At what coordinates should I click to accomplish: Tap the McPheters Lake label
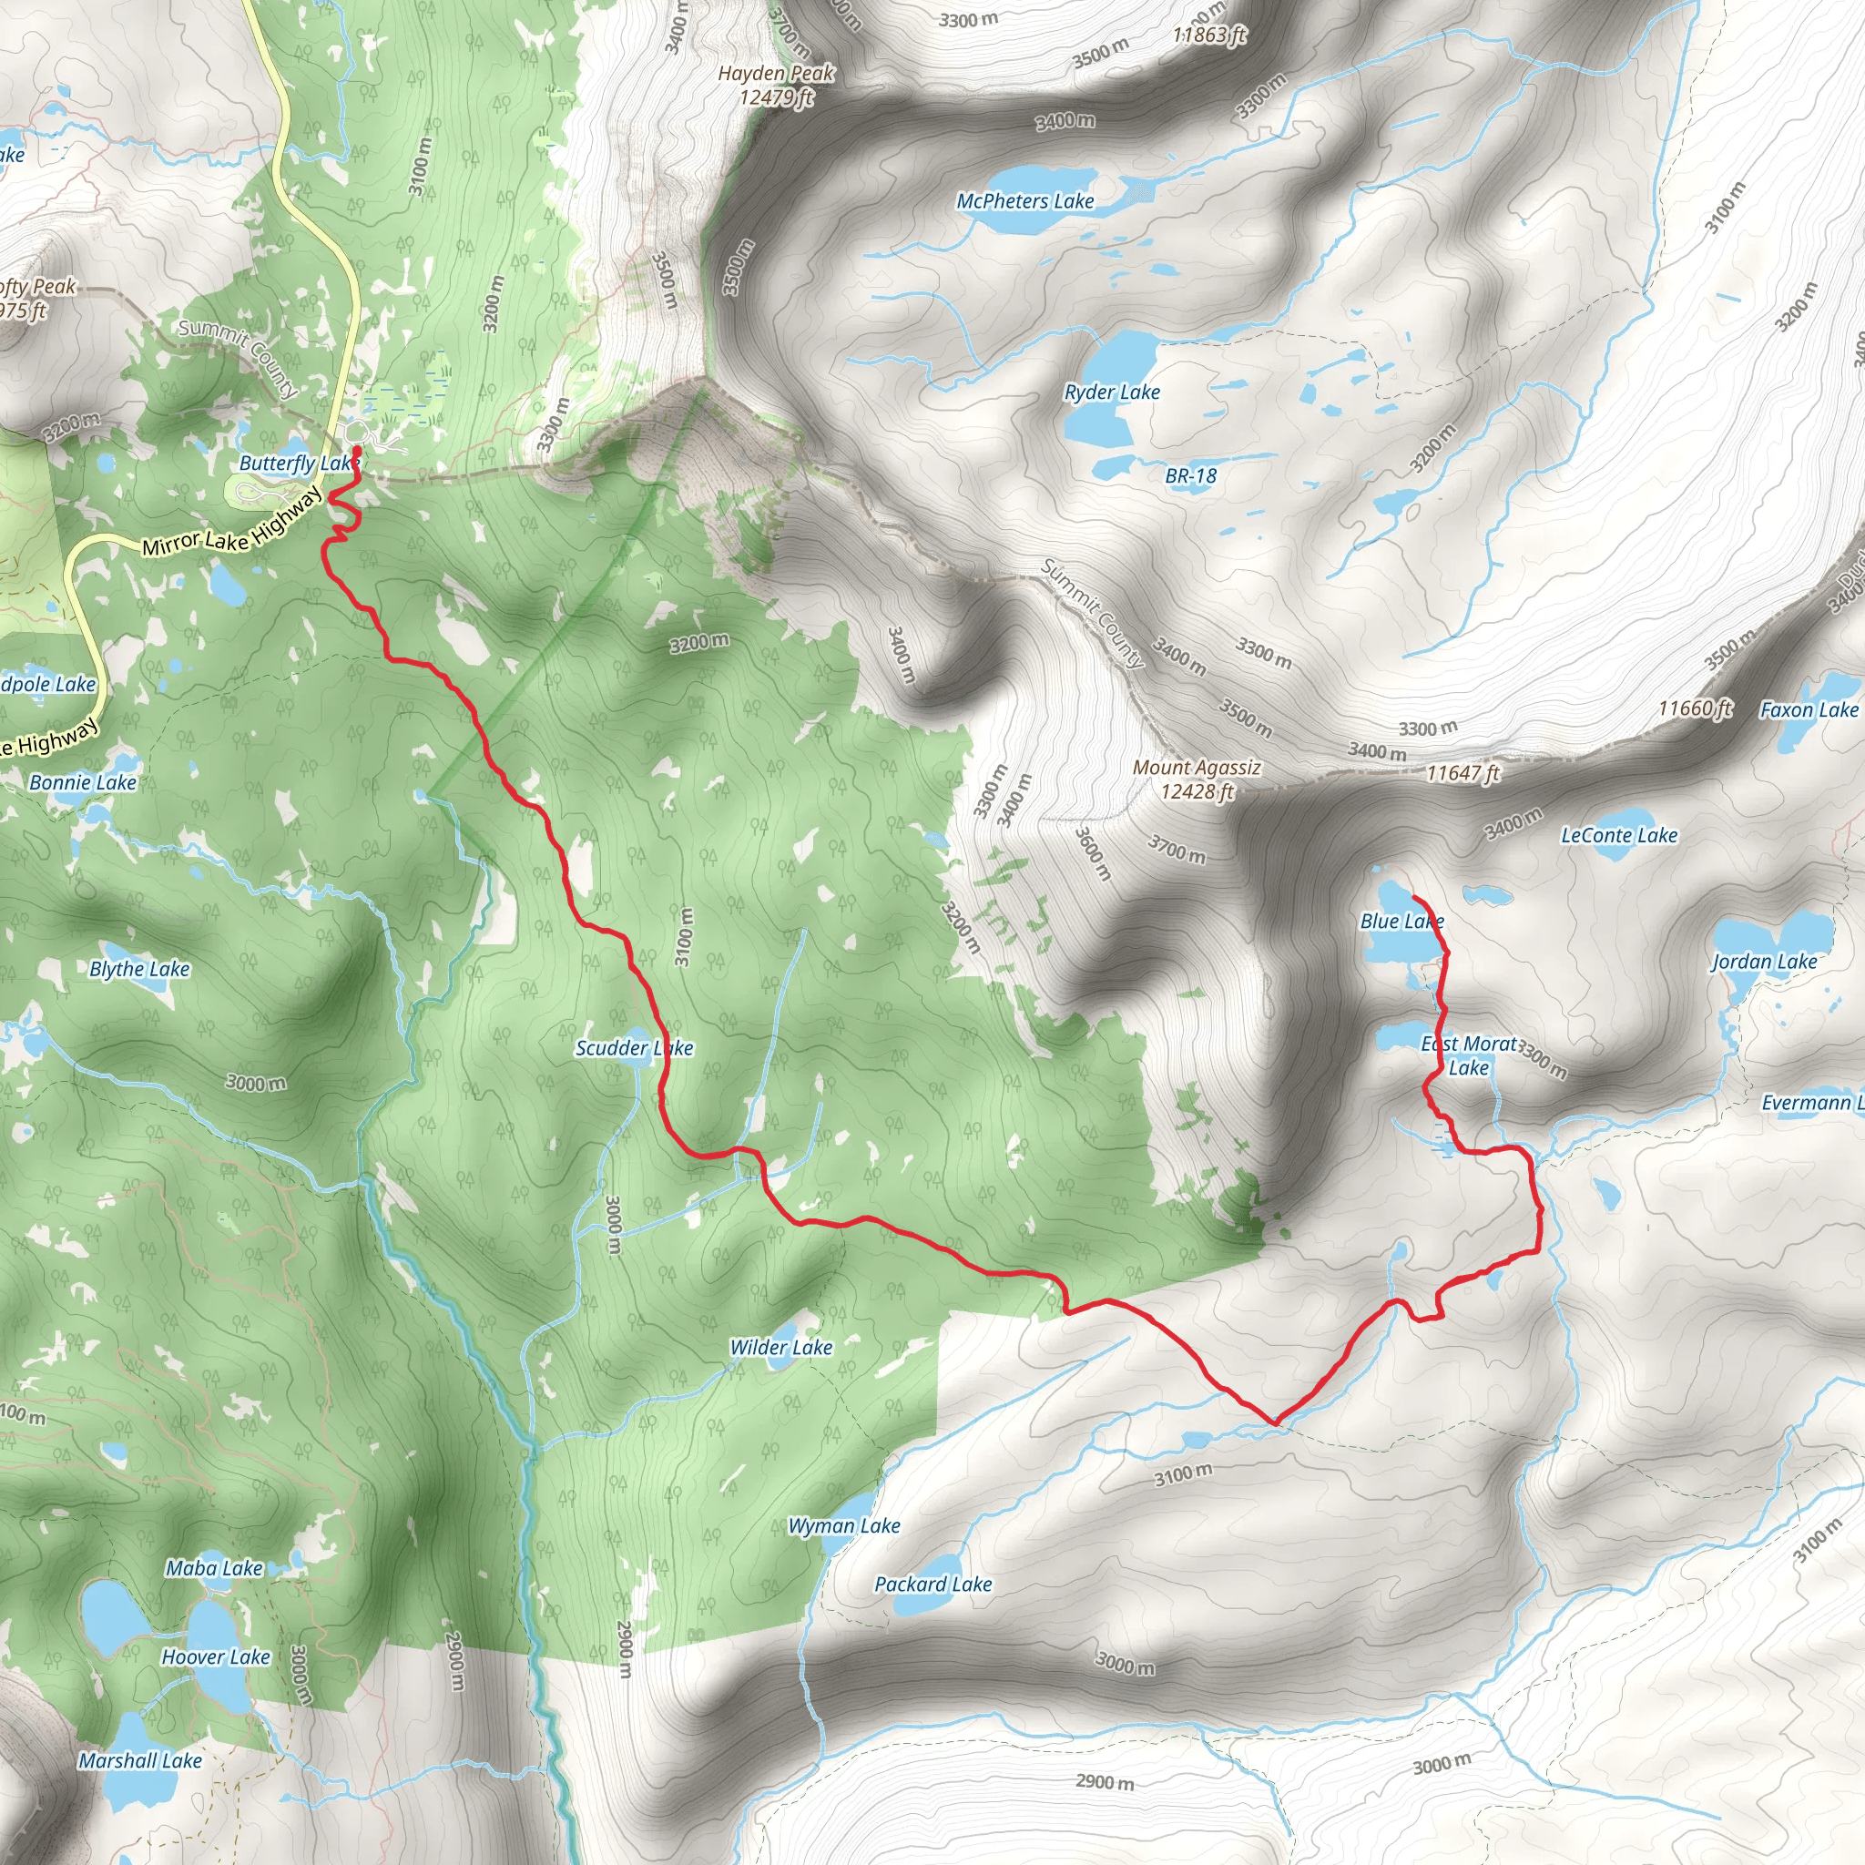click(1025, 200)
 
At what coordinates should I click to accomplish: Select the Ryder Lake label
click(1112, 392)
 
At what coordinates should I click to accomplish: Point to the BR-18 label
click(1190, 476)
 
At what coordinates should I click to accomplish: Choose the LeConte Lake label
click(1619, 835)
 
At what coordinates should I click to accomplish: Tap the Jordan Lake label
click(1764, 962)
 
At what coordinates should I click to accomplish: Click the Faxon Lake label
click(1809, 709)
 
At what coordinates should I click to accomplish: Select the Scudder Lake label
click(634, 1047)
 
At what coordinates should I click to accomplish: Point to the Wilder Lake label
click(781, 1347)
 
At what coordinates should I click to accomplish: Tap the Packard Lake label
click(932, 1585)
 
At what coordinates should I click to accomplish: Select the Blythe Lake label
click(140, 969)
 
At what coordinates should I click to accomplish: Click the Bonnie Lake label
click(83, 782)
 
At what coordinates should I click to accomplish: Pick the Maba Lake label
click(214, 1569)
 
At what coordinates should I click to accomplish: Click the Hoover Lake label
click(215, 1656)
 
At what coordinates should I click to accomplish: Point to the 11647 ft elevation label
click(1462, 772)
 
